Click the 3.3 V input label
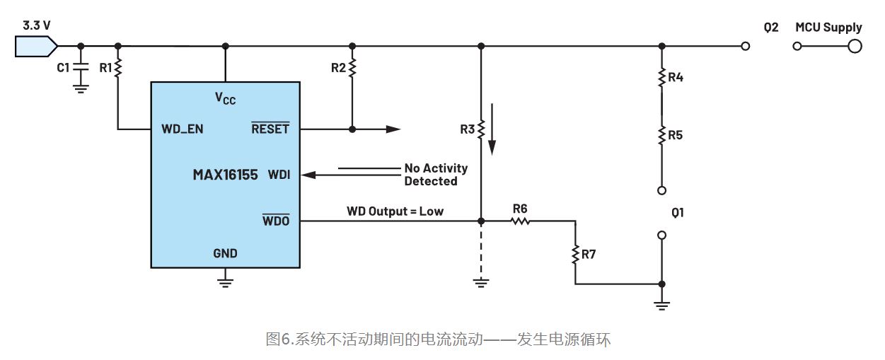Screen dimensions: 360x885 (x=36, y=26)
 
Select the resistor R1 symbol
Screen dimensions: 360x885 (x=117, y=67)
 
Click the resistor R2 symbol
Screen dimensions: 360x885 (x=352, y=68)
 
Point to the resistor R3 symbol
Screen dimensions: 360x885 (x=480, y=129)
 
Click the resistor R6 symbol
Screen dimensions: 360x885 (x=520, y=221)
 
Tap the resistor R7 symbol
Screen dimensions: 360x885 (x=574, y=252)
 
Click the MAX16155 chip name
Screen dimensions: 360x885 (x=225, y=174)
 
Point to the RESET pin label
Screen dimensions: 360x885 (x=270, y=129)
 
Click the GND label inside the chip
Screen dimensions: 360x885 (x=225, y=252)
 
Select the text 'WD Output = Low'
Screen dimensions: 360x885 (x=395, y=211)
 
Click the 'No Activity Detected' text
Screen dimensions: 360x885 (x=435, y=175)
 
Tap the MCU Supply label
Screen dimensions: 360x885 (x=828, y=28)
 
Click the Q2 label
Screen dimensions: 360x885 (x=771, y=28)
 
